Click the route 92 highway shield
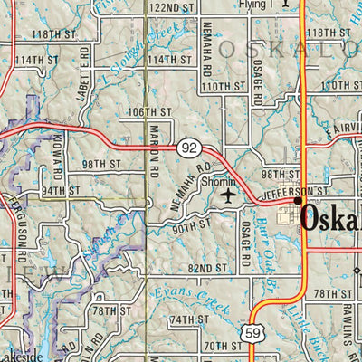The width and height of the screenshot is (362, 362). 188,146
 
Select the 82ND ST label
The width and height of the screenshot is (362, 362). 209,268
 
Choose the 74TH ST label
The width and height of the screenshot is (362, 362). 189,319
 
